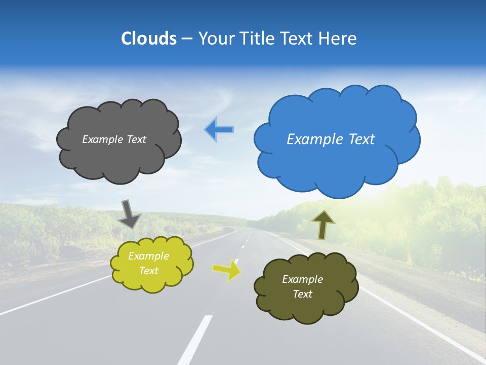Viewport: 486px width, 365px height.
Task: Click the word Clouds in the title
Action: (149, 39)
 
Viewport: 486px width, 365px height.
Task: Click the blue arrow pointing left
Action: (219, 130)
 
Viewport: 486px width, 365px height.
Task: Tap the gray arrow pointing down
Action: (129, 213)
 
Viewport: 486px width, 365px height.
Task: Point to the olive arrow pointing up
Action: (322, 225)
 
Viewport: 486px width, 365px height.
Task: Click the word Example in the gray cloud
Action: (101, 139)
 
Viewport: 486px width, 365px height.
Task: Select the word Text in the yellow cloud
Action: (149, 271)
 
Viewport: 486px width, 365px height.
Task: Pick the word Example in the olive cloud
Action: (302, 279)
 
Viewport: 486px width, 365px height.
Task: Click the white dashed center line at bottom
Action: (195, 340)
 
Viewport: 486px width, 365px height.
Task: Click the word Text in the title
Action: (298, 39)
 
